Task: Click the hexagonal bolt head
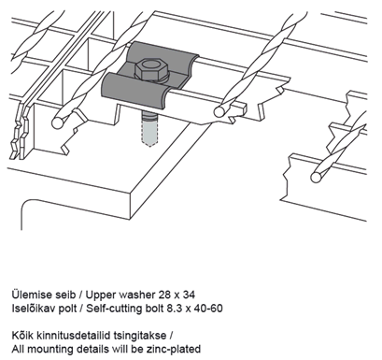(149, 68)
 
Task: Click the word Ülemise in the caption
(29, 295)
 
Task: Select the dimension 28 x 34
(177, 295)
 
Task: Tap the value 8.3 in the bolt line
(175, 309)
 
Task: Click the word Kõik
(23, 336)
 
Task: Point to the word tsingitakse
(140, 336)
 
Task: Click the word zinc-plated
(174, 349)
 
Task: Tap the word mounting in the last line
(48, 350)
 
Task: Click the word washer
(137, 295)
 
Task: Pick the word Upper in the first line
(101, 295)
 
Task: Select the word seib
(63, 295)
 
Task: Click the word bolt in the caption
(154, 309)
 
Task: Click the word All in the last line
(18, 349)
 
